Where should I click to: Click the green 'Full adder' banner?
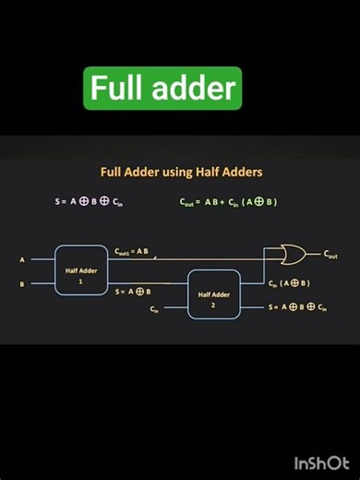[162, 89]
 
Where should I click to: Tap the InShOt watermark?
[321, 462]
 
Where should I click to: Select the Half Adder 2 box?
[214, 294]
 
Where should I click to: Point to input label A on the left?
[22, 260]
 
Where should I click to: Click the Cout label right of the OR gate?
[330, 254]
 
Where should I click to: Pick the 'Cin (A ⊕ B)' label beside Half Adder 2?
[289, 282]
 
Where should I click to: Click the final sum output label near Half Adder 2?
[297, 306]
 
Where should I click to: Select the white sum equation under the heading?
[89, 202]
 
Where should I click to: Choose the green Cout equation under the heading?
[229, 202]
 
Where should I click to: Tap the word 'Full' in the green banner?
[113, 89]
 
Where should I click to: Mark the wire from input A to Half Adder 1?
[42, 260]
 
